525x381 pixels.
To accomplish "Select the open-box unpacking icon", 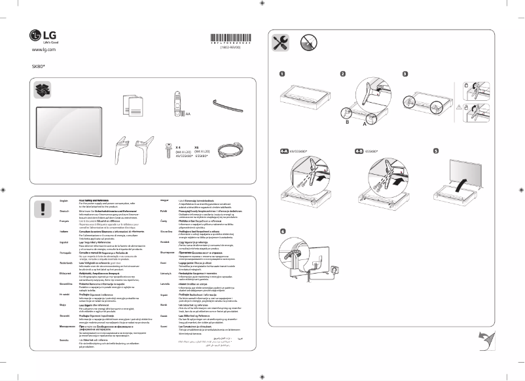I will click(x=43, y=89).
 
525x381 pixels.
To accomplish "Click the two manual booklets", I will click(x=134, y=103).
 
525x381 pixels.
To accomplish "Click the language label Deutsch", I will click(x=64, y=211).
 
